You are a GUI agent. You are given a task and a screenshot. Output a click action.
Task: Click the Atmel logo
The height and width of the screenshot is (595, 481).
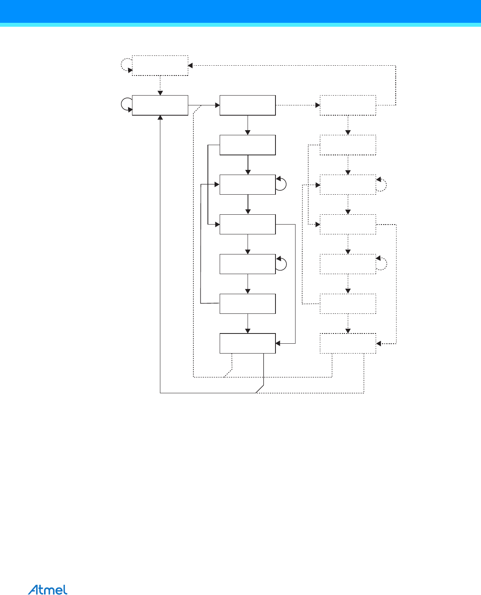pos(48,589)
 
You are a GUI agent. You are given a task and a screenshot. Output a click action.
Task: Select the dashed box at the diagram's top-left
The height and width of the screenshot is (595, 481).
pos(160,65)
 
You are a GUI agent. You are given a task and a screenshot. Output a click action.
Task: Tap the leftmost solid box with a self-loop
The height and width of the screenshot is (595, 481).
pos(160,105)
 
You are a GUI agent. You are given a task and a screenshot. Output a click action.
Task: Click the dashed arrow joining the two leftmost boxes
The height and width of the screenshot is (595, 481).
pos(160,85)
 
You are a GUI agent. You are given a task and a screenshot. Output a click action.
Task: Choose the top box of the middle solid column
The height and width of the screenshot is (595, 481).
pos(248,105)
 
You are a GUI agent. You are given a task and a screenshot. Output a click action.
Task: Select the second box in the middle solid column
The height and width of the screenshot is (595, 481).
pos(248,145)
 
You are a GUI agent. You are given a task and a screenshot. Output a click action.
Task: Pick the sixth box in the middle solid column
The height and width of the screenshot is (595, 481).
pos(248,304)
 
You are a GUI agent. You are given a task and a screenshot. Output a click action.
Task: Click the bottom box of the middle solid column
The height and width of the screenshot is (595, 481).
pos(248,343)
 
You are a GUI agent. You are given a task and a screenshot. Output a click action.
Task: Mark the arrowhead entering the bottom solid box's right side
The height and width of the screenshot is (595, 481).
pos(278,343)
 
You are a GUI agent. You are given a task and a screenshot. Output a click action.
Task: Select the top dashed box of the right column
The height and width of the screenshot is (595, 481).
pos(348,105)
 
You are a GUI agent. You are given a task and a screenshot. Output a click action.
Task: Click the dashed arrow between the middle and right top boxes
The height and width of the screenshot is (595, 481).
pos(297,105)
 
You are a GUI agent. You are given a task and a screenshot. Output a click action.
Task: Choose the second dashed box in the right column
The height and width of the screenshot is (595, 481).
pos(348,145)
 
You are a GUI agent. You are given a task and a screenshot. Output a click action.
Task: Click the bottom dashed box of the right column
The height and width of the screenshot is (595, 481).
pos(348,343)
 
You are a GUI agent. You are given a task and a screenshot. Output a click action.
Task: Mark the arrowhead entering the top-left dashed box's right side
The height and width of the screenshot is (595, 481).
pos(191,65)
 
